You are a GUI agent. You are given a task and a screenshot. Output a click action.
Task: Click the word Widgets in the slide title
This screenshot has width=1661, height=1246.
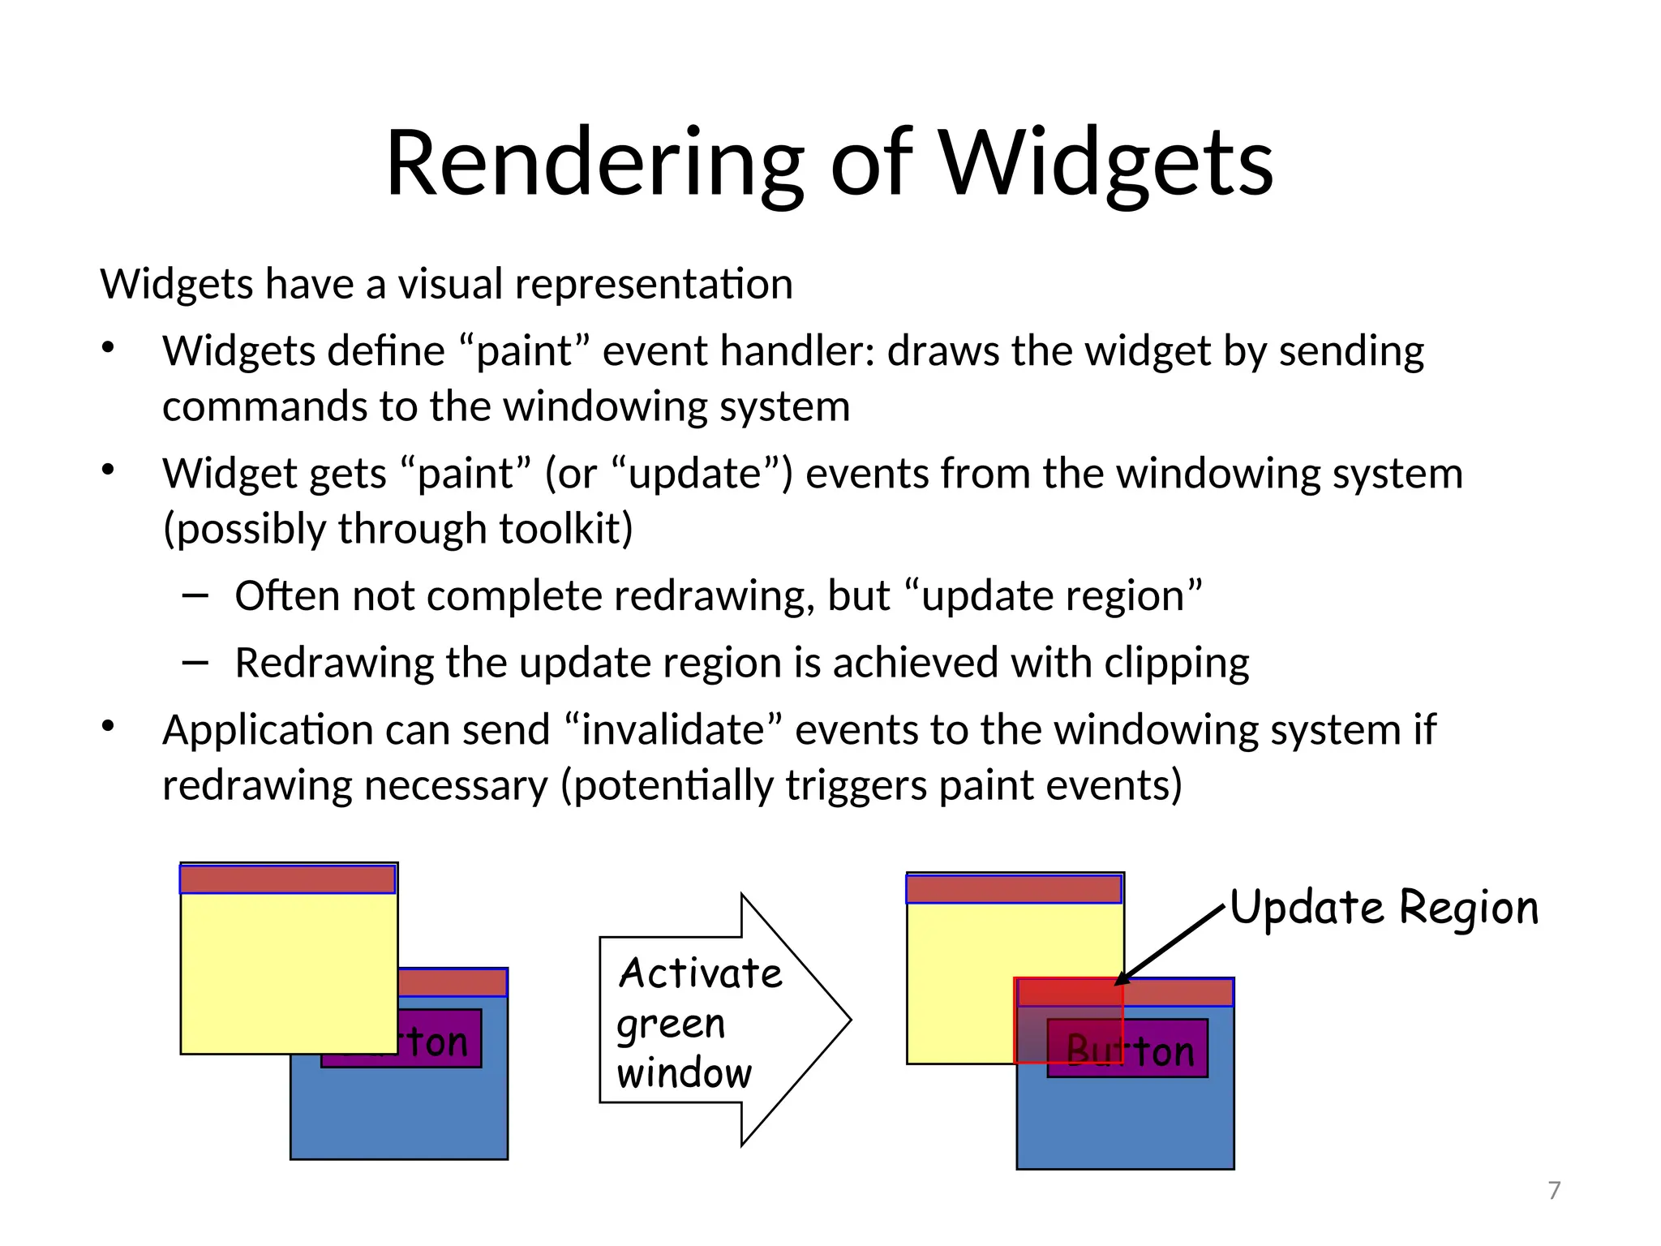[x=1106, y=165]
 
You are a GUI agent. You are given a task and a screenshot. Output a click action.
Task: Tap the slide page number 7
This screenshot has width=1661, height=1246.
[x=1554, y=1190]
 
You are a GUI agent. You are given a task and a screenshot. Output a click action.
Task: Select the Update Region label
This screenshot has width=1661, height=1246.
[x=1384, y=908]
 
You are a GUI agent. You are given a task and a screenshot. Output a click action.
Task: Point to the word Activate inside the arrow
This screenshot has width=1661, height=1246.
[x=701, y=973]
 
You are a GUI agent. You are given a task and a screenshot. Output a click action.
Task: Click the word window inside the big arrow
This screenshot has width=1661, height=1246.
[x=685, y=1073]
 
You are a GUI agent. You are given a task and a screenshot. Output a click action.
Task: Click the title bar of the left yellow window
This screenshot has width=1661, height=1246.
[x=287, y=879]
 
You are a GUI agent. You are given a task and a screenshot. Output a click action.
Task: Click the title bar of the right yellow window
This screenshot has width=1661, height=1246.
[x=1014, y=889]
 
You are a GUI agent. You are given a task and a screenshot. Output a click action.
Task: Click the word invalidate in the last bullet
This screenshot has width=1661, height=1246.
[x=672, y=730]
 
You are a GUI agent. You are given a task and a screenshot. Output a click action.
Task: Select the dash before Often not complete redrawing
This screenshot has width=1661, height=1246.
[x=195, y=596]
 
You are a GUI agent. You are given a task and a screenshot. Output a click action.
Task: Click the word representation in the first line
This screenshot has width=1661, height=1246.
[x=653, y=285]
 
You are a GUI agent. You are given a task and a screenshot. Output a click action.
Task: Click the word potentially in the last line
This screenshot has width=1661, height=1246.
[x=674, y=786]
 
